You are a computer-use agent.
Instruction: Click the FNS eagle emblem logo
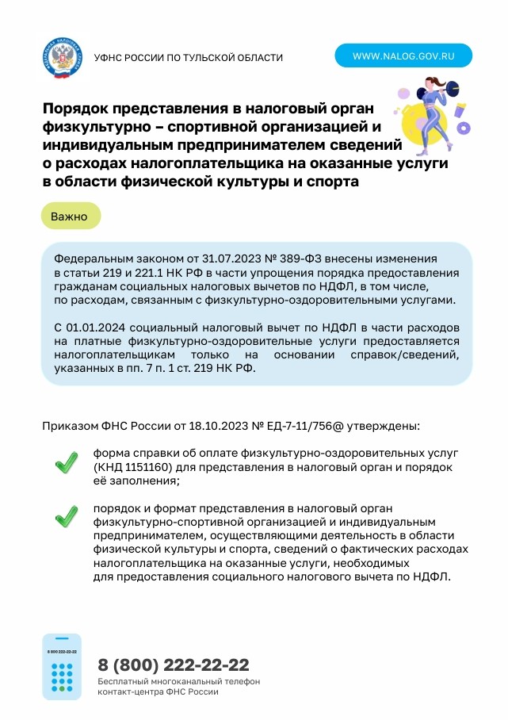click(61, 56)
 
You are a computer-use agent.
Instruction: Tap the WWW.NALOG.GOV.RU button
click(403, 56)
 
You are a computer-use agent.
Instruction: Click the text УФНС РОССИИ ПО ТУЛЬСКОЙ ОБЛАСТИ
click(188, 58)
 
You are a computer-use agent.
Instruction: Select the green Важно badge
click(70, 216)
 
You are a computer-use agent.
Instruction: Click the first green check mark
click(66, 463)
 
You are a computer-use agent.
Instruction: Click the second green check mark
click(66, 517)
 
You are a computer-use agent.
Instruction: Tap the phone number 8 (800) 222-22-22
click(174, 664)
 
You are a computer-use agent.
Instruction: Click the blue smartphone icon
click(62, 667)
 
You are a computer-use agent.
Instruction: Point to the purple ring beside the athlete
click(464, 127)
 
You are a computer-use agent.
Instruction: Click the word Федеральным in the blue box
click(92, 259)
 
